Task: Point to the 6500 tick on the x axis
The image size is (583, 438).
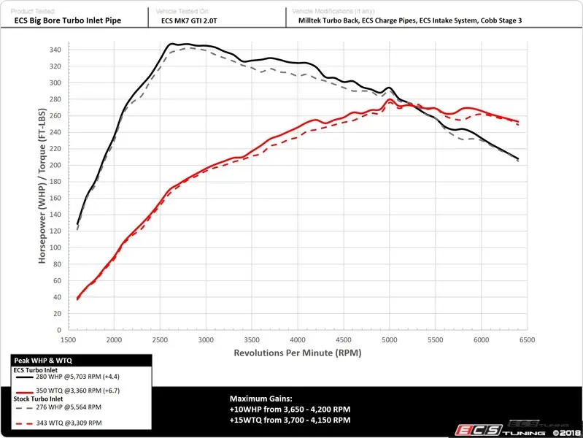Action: (x=526, y=340)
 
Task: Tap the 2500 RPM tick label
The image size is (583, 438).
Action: (x=159, y=340)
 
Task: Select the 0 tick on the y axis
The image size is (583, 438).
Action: (x=62, y=330)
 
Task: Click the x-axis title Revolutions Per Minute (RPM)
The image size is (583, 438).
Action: (x=297, y=353)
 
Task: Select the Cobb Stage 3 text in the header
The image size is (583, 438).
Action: (x=495, y=21)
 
